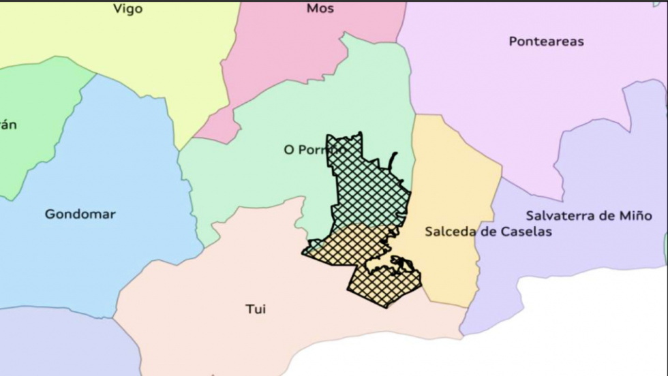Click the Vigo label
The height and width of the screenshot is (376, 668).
tap(128, 10)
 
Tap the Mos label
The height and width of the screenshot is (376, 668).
tap(320, 9)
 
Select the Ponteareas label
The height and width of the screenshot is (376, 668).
tap(546, 42)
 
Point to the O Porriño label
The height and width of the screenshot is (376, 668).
tap(315, 149)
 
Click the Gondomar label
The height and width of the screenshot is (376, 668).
tap(80, 215)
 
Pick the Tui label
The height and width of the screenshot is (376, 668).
tap(256, 310)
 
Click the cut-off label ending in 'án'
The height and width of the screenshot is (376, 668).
tap(8, 125)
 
